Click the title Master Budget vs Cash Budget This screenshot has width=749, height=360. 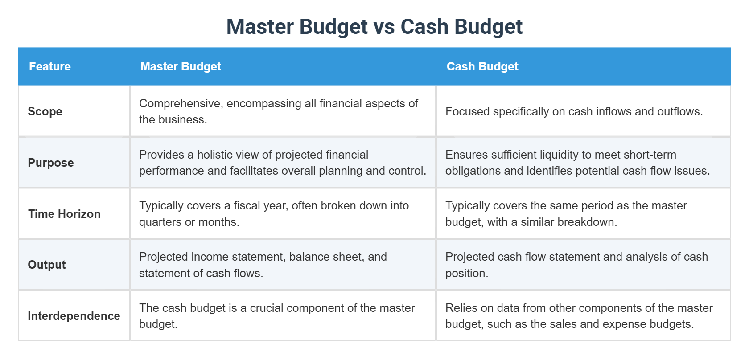[374, 27]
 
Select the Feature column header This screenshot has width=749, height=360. [50, 66]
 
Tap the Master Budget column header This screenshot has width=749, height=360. [181, 66]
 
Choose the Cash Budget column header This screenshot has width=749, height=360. [482, 66]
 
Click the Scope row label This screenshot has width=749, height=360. [45, 111]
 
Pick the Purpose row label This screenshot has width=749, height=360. [51, 163]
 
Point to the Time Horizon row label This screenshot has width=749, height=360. [64, 214]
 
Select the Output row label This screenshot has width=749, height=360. [47, 265]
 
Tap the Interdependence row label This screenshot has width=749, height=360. [74, 316]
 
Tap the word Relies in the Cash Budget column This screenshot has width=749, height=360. [460, 308]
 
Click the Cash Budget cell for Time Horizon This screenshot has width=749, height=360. [583, 214]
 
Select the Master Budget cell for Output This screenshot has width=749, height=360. [283, 265]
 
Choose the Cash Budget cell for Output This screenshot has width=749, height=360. [583, 265]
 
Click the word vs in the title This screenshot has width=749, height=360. [384, 27]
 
